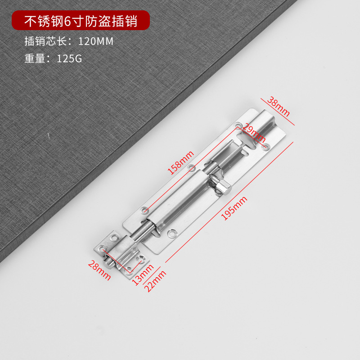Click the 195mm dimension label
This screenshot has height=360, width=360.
(x=235, y=209)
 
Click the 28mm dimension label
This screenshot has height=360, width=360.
(x=99, y=270)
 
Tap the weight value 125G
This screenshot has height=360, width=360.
(x=69, y=58)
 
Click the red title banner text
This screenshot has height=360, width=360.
(x=81, y=21)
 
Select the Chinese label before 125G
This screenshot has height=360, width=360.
(x=38, y=58)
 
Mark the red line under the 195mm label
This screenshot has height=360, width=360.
(x=229, y=202)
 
